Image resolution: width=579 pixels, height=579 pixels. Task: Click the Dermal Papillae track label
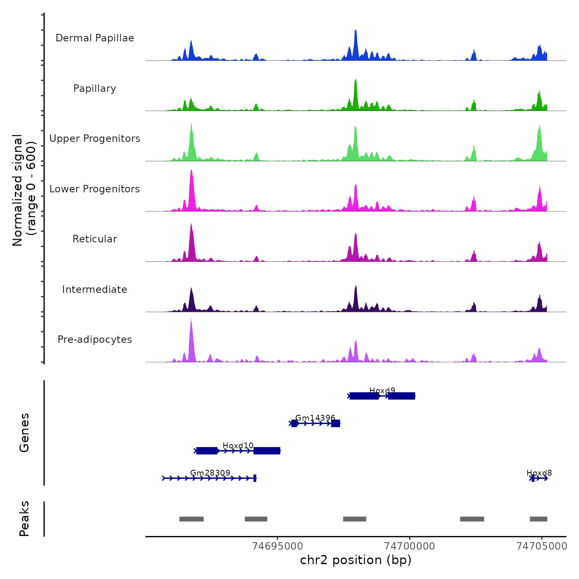click(95, 38)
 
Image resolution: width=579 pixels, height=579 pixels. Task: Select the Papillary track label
click(95, 89)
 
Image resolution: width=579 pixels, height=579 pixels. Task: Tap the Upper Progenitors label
click(95, 139)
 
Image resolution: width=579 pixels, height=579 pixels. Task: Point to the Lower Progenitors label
click(95, 189)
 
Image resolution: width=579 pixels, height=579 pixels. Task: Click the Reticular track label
click(95, 239)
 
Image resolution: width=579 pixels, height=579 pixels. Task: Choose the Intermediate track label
click(95, 289)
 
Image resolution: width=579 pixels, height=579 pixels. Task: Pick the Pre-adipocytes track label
click(95, 340)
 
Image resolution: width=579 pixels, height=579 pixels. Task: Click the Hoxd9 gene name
click(382, 390)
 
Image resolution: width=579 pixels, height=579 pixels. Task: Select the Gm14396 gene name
click(315, 418)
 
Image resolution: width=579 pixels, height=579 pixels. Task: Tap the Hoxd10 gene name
click(238, 445)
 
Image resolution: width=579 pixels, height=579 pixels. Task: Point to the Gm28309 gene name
click(210, 473)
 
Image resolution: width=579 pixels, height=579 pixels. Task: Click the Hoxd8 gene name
click(539, 473)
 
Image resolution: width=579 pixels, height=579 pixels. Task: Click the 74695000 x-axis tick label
click(278, 546)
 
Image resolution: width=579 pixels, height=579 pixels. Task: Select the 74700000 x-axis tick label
click(410, 546)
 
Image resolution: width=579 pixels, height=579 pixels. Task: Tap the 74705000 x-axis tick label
click(542, 546)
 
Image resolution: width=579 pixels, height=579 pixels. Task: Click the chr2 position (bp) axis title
click(356, 560)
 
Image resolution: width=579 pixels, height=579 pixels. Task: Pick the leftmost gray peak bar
click(191, 519)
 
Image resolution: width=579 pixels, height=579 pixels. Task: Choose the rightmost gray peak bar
click(538, 519)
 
